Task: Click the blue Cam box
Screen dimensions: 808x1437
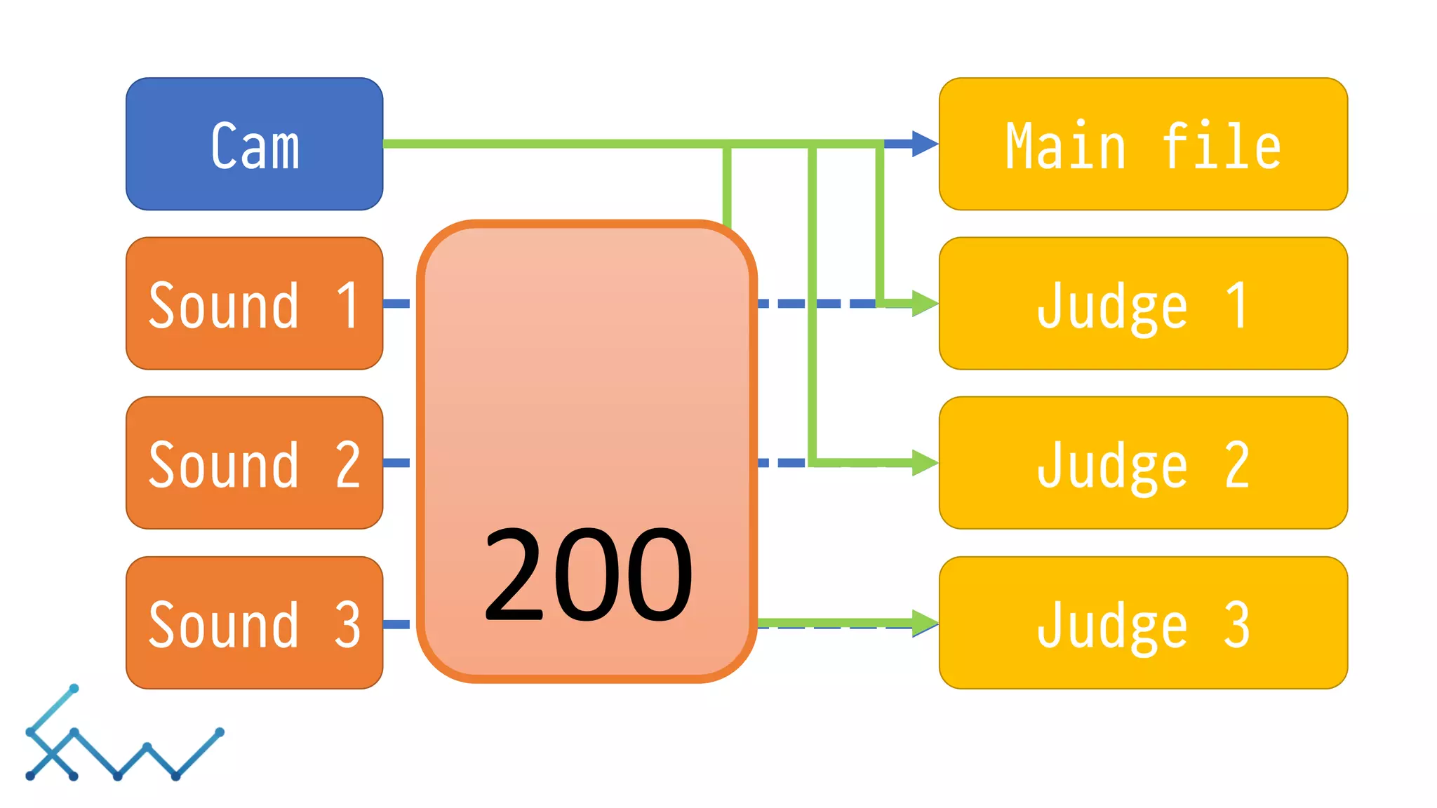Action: (254, 144)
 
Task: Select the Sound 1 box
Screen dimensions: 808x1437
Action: (254, 304)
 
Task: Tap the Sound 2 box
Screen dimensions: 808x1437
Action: (254, 463)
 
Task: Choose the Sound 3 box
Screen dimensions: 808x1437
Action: (254, 623)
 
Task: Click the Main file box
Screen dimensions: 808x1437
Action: (1143, 144)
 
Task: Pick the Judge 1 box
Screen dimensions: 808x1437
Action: (1143, 304)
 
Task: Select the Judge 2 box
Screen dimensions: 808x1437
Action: (1143, 463)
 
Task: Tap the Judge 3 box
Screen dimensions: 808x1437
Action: (1143, 623)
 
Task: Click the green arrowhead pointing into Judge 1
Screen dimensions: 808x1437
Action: (924, 304)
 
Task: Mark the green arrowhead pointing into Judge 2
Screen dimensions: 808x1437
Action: (924, 463)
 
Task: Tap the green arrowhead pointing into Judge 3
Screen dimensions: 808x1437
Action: (924, 622)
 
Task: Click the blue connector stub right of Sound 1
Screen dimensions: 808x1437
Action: (397, 304)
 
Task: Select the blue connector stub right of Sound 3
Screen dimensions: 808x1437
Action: (397, 624)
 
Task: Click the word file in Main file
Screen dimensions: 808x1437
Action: (1222, 146)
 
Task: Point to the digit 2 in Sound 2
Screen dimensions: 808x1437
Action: (348, 465)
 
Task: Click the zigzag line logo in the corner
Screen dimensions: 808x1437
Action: (123, 743)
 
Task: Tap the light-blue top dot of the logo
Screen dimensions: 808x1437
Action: (74, 689)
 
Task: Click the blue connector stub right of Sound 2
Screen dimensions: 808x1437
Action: (397, 463)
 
